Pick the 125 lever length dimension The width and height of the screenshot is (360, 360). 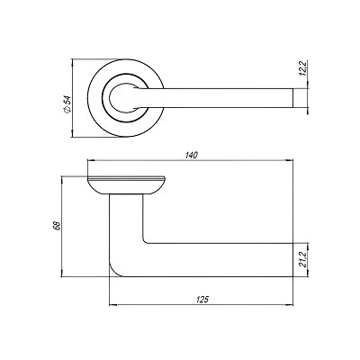[199, 294]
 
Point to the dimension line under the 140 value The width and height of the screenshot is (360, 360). [190, 163]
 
